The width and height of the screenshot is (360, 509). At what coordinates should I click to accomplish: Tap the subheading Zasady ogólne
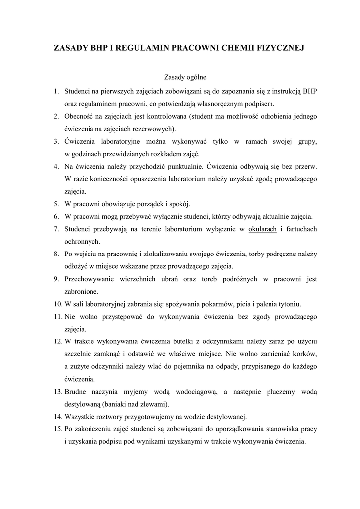[185, 78]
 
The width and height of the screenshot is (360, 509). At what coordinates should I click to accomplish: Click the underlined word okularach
[262, 229]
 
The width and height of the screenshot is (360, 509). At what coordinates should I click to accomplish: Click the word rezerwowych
[155, 128]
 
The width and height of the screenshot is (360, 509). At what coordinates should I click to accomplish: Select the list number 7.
[56, 229]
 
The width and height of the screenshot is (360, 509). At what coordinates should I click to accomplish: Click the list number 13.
[58, 392]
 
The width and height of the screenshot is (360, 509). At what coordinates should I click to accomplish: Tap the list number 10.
[58, 304]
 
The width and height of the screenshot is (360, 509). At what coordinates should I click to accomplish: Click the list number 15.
[58, 429]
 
